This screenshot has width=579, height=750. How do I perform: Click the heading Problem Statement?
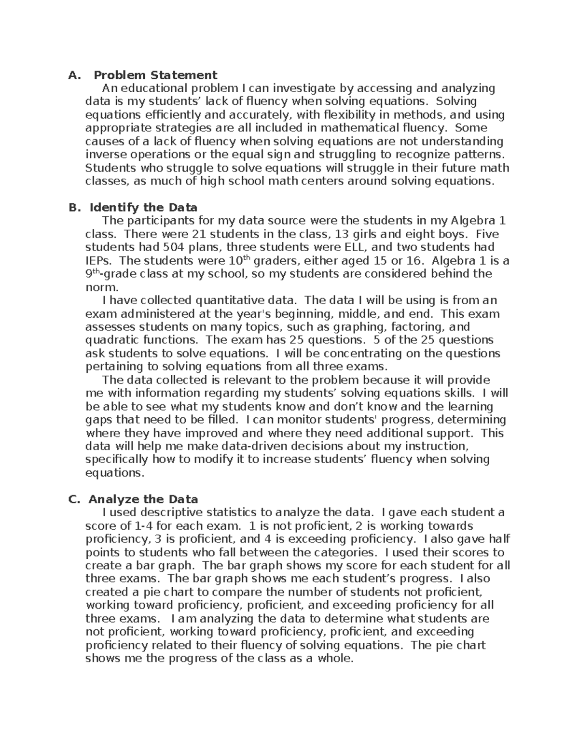[155, 75]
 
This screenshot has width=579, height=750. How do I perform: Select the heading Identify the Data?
[143, 208]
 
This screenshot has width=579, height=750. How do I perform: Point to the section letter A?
[73, 75]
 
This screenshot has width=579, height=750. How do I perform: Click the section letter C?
[73, 499]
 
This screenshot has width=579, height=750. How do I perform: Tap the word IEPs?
[98, 261]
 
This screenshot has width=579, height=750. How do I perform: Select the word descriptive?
[166, 512]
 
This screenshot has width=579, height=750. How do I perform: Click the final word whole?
[335, 658]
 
